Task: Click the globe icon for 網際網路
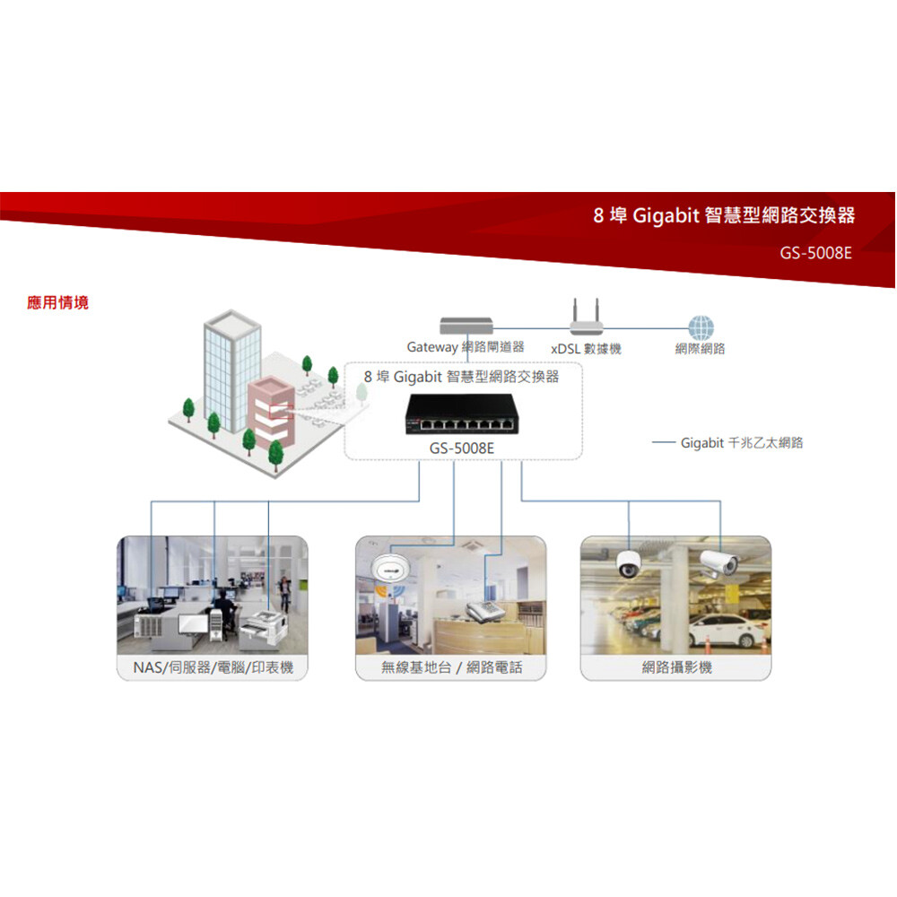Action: point(701,328)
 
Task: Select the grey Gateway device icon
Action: point(466,326)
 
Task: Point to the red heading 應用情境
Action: point(58,303)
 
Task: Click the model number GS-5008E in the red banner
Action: point(815,253)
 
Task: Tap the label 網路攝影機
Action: point(676,667)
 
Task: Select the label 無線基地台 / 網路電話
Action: point(451,667)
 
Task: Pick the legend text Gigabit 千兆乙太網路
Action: point(741,443)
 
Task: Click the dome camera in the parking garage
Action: point(628,562)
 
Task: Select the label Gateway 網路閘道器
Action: point(465,347)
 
